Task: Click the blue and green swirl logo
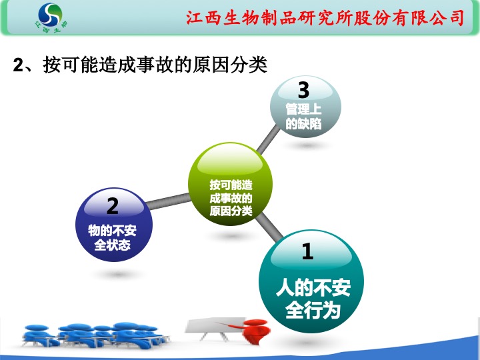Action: click(x=51, y=15)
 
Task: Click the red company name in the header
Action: click(x=325, y=17)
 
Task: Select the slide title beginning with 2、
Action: click(x=140, y=65)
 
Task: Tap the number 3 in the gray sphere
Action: click(x=304, y=90)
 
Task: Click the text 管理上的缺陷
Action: click(x=304, y=117)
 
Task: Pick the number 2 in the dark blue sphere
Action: click(x=113, y=206)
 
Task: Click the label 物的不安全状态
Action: click(x=113, y=237)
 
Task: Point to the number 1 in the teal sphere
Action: click(x=307, y=251)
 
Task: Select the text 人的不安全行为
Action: click(x=313, y=299)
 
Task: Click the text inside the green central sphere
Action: click(x=231, y=198)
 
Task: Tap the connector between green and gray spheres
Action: click(x=268, y=140)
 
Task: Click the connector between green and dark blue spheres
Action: click(x=169, y=201)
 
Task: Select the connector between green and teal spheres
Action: click(x=269, y=227)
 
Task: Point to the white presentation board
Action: click(x=215, y=327)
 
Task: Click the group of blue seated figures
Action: click(x=95, y=335)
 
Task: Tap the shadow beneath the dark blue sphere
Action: click(x=117, y=274)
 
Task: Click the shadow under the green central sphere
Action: click(x=231, y=236)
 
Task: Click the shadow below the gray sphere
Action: click(x=306, y=145)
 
